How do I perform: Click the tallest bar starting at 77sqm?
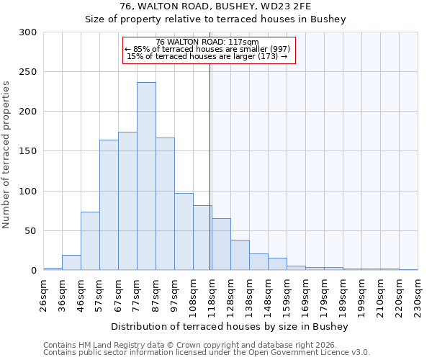tap(146, 176)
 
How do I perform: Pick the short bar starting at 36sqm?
tap(71, 263)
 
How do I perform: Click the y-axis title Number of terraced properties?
tap(6, 155)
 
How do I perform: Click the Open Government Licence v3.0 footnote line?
tap(207, 352)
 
